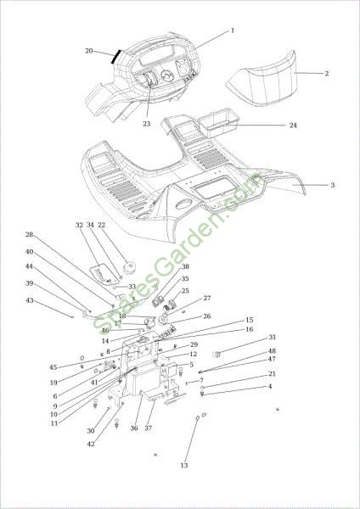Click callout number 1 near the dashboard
pos(233,31)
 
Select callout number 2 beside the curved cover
pos(327,73)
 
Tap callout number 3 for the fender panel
pos(332,185)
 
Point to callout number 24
pos(293,126)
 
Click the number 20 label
pos(89,51)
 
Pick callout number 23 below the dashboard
pos(147,124)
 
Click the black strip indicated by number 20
pos(115,57)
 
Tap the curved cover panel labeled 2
pos(261,80)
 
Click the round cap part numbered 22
pos(128,268)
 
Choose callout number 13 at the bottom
pos(184,466)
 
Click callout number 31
pos(272,338)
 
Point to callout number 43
pos(30,300)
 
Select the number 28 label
pos(30,235)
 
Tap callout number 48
pos(272,351)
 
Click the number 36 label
pos(134,428)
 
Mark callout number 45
pos(53,367)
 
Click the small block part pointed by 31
pos(217,355)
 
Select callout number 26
pos(207,316)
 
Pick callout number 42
pos(91,444)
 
